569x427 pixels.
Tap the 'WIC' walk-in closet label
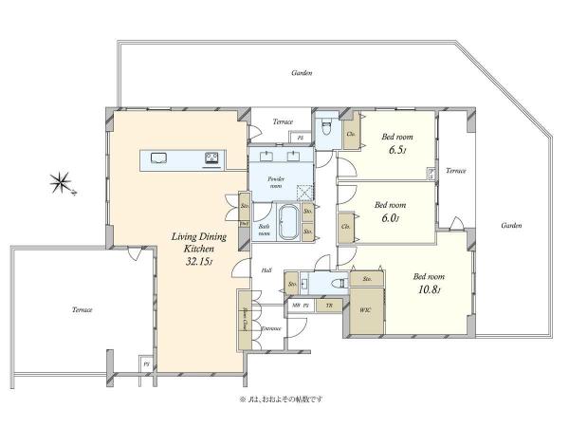coord(365,309)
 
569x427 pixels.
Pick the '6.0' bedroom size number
coord(388,218)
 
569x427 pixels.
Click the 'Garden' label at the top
coord(302,72)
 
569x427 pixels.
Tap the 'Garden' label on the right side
coord(511,225)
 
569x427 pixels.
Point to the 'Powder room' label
coord(276,181)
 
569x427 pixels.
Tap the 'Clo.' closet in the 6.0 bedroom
coord(344,228)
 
